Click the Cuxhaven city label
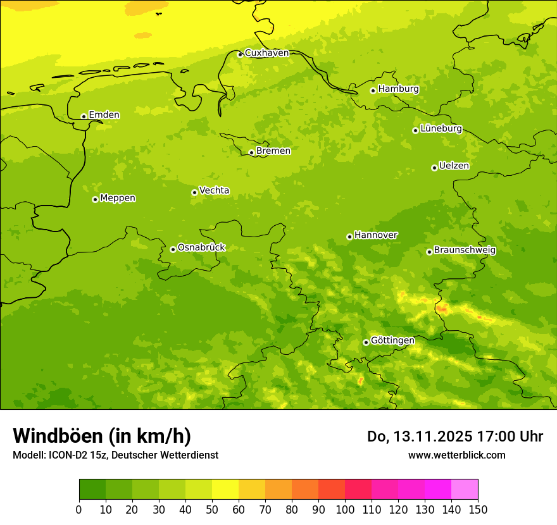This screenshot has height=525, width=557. click(x=266, y=53)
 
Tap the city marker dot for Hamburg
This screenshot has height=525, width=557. click(x=373, y=90)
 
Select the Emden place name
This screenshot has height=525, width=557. click(x=104, y=115)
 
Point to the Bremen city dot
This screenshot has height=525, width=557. click(x=251, y=152)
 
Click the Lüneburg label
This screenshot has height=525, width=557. click(x=441, y=128)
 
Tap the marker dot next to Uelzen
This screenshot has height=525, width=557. click(x=434, y=168)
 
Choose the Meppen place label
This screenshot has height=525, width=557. click(x=118, y=198)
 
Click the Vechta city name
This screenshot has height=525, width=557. click(x=214, y=190)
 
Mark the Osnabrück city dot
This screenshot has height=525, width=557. click(x=173, y=249)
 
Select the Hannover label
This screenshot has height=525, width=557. click(x=375, y=235)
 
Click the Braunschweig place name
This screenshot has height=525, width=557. click(x=465, y=250)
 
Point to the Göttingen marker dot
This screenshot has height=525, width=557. click(x=366, y=342)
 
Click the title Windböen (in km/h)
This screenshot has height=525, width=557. click(x=102, y=436)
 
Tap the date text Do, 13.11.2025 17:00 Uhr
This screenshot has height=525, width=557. click(x=455, y=436)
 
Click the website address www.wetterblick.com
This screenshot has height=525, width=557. click(x=456, y=455)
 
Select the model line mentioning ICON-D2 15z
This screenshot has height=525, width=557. click(x=115, y=455)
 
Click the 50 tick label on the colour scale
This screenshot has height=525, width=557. click(x=212, y=509)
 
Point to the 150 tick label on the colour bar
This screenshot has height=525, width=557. click(x=478, y=509)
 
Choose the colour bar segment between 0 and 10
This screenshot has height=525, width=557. click(x=92, y=489)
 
